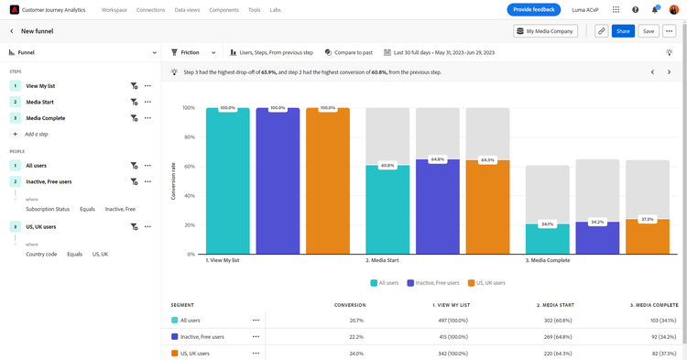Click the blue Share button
click(x=623, y=31)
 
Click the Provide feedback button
click(x=534, y=10)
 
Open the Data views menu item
click(x=187, y=10)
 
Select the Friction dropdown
click(x=193, y=52)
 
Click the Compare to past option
click(x=349, y=52)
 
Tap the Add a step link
click(x=37, y=134)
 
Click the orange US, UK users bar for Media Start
click(x=487, y=207)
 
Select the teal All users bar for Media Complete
click(x=548, y=239)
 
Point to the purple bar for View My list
click(x=278, y=180)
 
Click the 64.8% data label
click(x=438, y=159)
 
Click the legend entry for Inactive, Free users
click(x=433, y=283)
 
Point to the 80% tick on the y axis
click(x=189, y=137)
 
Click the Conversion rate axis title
click(x=173, y=180)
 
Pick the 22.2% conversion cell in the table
click(x=356, y=337)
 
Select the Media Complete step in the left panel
click(x=45, y=118)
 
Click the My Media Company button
click(x=545, y=31)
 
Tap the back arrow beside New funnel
click(x=12, y=31)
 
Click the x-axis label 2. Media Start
click(x=382, y=260)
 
